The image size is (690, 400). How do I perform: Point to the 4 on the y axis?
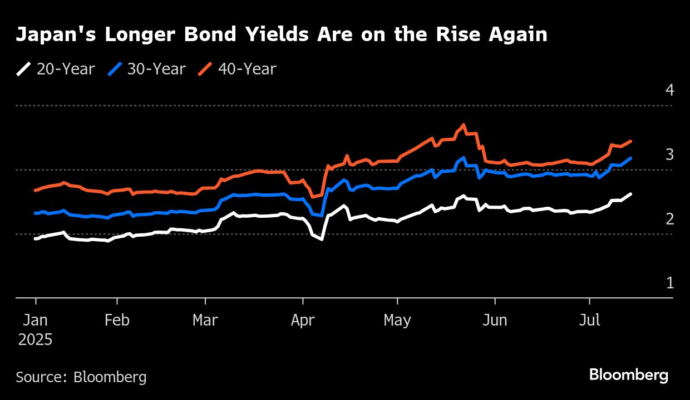(669, 90)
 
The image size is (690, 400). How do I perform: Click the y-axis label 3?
(669, 154)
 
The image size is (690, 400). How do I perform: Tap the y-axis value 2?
(669, 219)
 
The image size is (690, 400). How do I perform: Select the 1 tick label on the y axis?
(669, 283)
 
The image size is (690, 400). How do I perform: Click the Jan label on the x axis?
(36, 321)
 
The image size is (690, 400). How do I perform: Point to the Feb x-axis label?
(117, 321)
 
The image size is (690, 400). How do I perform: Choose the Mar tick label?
(205, 321)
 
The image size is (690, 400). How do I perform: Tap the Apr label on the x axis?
(303, 321)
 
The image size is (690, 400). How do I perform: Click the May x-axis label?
(397, 321)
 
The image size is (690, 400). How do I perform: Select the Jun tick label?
(494, 321)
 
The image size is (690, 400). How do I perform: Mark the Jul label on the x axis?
(589, 321)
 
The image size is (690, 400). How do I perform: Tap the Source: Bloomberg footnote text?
(81, 377)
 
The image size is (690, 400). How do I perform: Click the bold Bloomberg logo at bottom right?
(629, 375)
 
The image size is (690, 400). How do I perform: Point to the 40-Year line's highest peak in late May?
(464, 124)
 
